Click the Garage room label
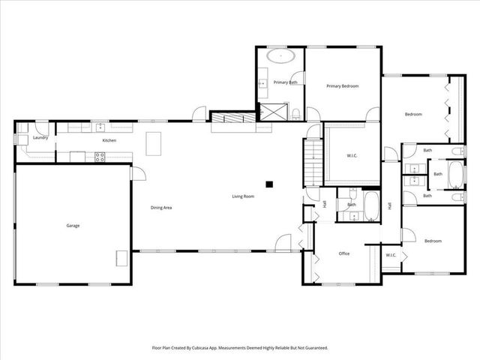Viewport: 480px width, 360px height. (x=73, y=225)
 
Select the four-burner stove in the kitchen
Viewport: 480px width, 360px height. (x=98, y=156)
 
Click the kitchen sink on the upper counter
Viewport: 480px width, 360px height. (x=99, y=127)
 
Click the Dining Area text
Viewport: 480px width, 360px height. (x=162, y=207)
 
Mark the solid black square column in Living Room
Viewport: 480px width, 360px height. (x=268, y=182)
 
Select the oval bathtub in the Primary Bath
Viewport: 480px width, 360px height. (x=281, y=55)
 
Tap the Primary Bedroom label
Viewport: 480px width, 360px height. (x=342, y=86)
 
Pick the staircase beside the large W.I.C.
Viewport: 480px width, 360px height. (x=313, y=162)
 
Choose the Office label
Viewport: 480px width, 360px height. (x=344, y=253)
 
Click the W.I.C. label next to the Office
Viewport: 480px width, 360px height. (x=391, y=255)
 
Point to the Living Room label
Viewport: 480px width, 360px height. (x=242, y=196)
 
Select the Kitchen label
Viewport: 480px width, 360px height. (x=109, y=140)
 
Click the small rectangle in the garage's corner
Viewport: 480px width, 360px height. (x=121, y=258)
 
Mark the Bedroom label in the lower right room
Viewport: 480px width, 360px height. (x=433, y=241)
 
